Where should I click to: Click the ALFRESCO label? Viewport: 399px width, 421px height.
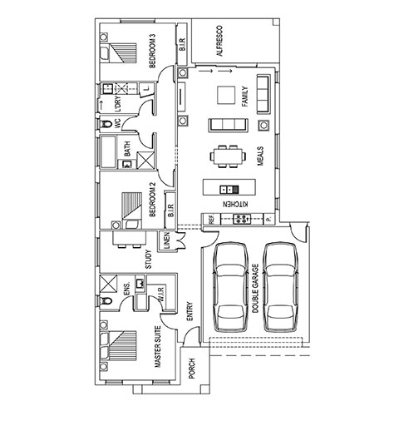point(219,41)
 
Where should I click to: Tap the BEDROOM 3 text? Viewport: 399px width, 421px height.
point(152,51)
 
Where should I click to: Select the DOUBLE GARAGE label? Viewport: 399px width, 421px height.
point(255,289)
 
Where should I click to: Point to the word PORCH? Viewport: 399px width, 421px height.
point(192,369)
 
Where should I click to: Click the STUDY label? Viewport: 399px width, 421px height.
point(149,260)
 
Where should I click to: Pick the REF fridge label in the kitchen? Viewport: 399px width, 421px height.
point(211,220)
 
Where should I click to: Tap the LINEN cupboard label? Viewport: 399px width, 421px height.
point(166,240)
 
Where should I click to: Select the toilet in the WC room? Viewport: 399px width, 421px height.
point(106,124)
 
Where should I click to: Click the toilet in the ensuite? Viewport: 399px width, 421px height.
point(106,300)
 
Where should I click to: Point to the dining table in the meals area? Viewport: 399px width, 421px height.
point(228,156)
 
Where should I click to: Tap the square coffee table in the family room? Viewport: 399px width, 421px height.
point(226,95)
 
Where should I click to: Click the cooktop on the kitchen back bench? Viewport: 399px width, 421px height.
point(242,219)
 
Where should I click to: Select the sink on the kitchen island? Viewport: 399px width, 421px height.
point(229,190)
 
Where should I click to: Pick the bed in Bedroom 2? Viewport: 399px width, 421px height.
point(132,210)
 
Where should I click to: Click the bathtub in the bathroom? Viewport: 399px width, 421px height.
point(108,151)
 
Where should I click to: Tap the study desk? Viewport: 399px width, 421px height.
point(129,238)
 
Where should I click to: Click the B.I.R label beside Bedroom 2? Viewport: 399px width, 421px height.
point(170,210)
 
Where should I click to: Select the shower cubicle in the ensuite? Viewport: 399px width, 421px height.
point(108,284)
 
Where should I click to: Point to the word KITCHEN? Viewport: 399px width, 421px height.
point(235,205)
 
